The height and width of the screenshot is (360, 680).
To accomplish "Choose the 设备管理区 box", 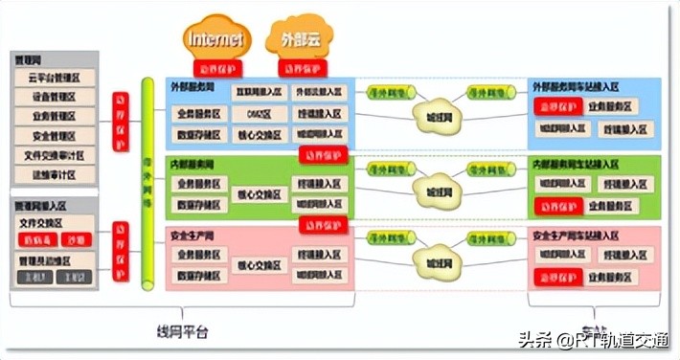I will (x=54, y=97).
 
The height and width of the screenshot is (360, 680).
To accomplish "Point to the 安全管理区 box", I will (x=54, y=136).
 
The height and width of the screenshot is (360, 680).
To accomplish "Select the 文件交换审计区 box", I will (x=54, y=155).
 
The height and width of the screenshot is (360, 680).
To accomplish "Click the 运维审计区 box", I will (x=54, y=174).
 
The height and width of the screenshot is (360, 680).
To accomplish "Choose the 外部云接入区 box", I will (x=318, y=93).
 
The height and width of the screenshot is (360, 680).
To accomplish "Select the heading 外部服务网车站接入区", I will (x=581, y=87).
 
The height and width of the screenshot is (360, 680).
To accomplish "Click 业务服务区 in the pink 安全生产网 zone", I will (x=199, y=256).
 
